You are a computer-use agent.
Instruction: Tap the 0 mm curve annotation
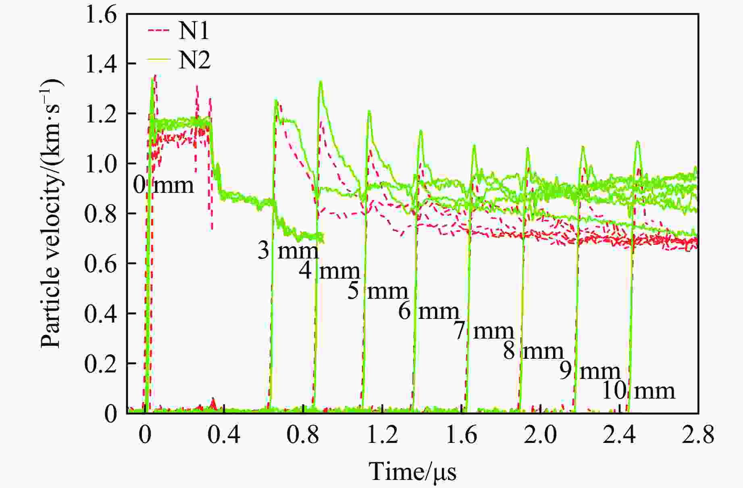(x=163, y=186)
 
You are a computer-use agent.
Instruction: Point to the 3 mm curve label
(x=288, y=250)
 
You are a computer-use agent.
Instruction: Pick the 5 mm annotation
(x=378, y=291)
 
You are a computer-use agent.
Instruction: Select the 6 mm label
(x=429, y=311)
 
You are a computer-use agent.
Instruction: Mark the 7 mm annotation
(x=484, y=331)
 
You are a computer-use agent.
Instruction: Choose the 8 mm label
(x=533, y=351)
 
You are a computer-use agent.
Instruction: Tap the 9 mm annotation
(x=589, y=371)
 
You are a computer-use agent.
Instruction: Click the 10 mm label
(x=638, y=391)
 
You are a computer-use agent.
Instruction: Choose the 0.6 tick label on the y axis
(x=101, y=264)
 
